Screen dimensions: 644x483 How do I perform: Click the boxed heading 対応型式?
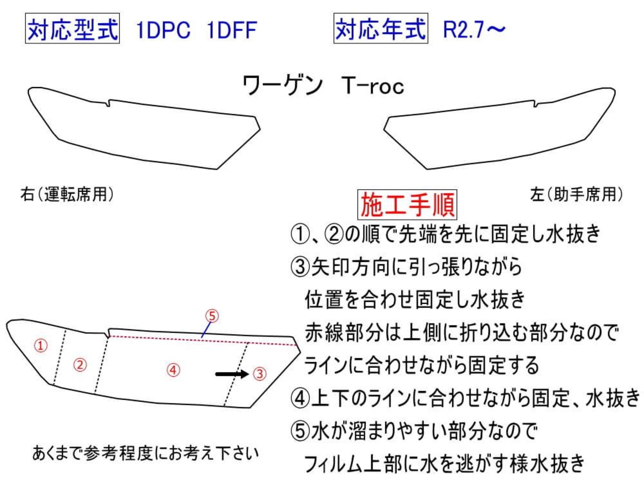click(72, 29)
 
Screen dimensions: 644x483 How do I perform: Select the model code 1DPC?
click(163, 30)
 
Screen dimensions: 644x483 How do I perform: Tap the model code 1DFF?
click(231, 30)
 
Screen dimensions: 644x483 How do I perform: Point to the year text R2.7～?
click(473, 30)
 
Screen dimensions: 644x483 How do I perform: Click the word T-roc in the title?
click(372, 86)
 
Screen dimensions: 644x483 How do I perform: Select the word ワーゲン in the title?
click(282, 86)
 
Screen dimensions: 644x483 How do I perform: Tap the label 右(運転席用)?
click(67, 194)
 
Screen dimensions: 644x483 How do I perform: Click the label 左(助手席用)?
click(576, 194)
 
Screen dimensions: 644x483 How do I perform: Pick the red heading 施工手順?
click(408, 205)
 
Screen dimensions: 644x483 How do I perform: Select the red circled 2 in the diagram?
click(80, 364)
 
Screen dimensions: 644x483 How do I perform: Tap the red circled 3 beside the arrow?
click(259, 373)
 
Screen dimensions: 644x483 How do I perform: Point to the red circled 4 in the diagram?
click(173, 370)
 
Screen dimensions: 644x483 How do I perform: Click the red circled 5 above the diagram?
click(212, 315)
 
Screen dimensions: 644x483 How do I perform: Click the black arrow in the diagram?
click(232, 374)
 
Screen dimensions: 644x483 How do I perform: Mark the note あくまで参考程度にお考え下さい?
click(145, 453)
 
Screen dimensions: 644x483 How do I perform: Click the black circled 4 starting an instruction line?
click(300, 398)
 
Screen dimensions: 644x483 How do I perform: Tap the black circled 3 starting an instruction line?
click(300, 267)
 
